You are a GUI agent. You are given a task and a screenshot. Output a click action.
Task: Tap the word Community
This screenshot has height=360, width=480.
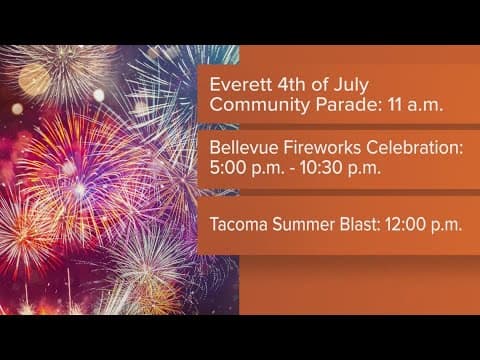click(254, 104)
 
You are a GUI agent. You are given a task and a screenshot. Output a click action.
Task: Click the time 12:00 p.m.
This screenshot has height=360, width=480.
click(424, 224)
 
